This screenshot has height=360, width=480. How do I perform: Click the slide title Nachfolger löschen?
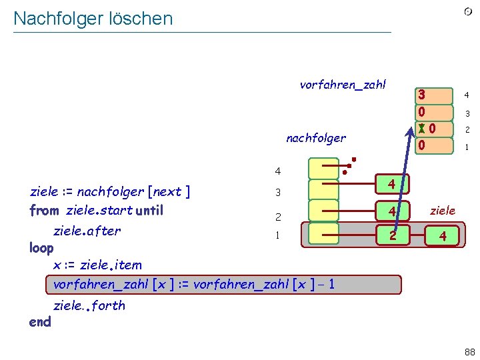tap(93, 19)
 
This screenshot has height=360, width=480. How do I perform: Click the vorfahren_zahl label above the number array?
tap(343, 85)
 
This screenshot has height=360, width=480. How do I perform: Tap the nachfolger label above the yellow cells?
tap(315, 139)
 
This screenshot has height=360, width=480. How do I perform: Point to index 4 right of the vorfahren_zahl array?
tap(467, 95)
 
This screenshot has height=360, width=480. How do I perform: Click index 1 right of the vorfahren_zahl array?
tap(467, 147)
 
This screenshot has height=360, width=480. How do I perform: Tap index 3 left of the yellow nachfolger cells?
tap(278, 193)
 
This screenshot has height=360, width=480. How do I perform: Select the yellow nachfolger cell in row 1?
tap(323, 235)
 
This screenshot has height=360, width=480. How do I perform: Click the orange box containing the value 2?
tap(393, 235)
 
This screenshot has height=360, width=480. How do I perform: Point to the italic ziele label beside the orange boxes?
tap(443, 211)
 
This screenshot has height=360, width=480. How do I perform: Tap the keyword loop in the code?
tap(41, 248)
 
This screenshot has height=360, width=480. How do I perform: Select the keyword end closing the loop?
tap(40, 321)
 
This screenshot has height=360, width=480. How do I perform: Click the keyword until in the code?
tap(149, 211)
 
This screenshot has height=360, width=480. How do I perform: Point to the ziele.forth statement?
tap(89, 306)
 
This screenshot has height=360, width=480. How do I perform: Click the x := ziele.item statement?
tap(97, 265)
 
